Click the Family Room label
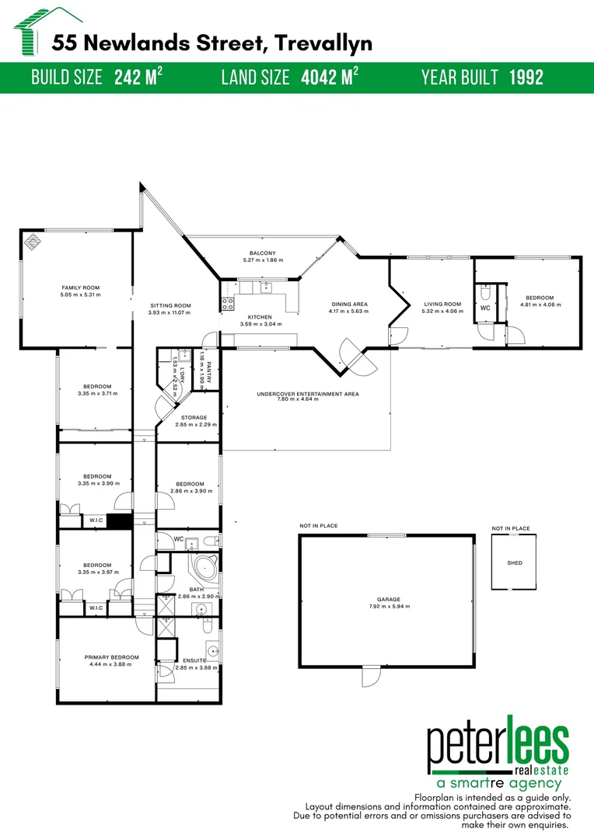80,288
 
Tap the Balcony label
263,253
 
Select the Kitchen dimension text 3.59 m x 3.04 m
260,324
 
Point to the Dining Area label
348,304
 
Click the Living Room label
442,304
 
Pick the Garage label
388,599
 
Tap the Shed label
515,563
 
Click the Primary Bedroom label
111,657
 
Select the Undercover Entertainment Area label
308,394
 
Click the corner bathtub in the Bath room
206,566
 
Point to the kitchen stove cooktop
228,305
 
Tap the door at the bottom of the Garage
371,677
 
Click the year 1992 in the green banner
526,78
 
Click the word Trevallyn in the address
323,44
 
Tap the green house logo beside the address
32,32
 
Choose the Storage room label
194,417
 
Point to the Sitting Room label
170,305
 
